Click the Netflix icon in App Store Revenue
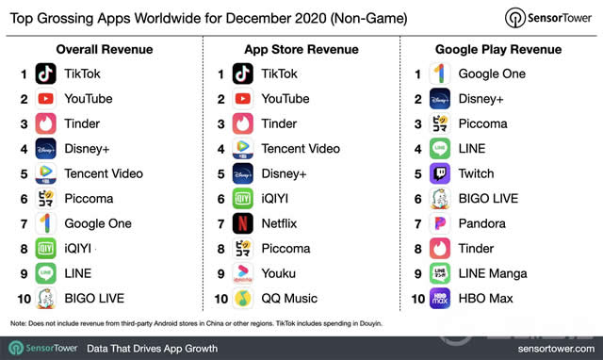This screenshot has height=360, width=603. pyautogui.click(x=243, y=223)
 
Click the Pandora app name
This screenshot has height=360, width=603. pyautogui.click(x=482, y=223)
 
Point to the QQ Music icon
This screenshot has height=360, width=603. pyautogui.click(x=243, y=298)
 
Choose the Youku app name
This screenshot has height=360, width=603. pyautogui.click(x=278, y=273)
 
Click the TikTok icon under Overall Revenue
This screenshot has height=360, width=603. pyautogui.click(x=45, y=74)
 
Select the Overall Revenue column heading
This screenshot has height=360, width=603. pyautogui.click(x=104, y=48)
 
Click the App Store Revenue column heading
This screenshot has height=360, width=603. pyautogui.click(x=301, y=48)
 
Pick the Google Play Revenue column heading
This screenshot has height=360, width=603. pyautogui.click(x=497, y=48)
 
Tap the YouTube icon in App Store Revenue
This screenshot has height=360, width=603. pyautogui.click(x=243, y=98)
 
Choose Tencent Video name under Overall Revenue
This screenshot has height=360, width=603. pyautogui.click(x=104, y=173)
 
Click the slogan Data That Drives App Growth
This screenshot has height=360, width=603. pyautogui.click(x=152, y=348)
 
